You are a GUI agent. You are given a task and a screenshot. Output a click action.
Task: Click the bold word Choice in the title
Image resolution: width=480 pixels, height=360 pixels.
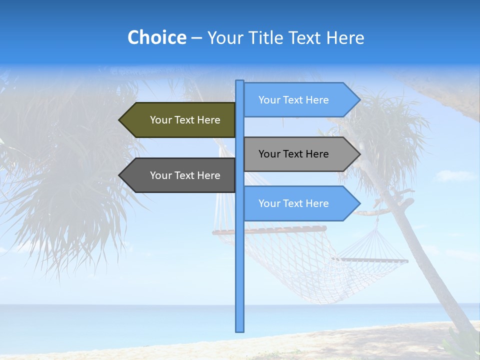pos(156,37)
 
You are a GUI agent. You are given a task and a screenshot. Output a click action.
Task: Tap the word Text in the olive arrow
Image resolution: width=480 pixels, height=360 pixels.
pos(184,120)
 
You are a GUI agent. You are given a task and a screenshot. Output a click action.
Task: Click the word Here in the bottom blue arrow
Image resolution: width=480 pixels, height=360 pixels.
pos(317,203)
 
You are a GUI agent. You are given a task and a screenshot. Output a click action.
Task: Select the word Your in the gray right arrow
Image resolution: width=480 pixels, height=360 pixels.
pos(269,154)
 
